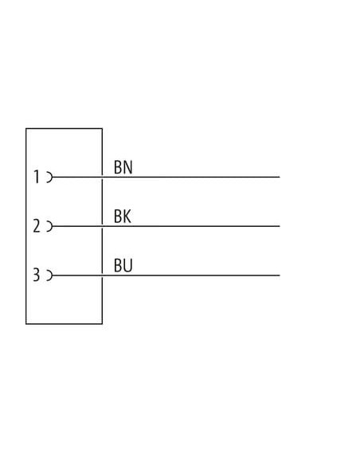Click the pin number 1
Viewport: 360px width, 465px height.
pyautogui.click(x=37, y=177)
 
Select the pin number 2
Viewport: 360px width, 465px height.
pyautogui.click(x=37, y=225)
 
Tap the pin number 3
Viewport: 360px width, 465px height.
pyautogui.click(x=36, y=275)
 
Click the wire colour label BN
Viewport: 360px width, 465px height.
pyautogui.click(x=123, y=167)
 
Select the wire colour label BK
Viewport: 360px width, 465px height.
pyautogui.click(x=123, y=217)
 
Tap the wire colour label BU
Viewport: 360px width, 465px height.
pyautogui.click(x=123, y=265)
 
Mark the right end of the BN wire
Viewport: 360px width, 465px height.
pyautogui.click(x=280, y=177)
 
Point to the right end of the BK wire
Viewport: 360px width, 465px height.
pyautogui.click(x=280, y=226)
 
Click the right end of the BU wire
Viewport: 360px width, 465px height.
pyautogui.click(x=280, y=275)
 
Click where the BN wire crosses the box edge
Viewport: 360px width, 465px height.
pyautogui.click(x=102, y=177)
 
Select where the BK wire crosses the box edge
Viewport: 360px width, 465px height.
pyautogui.click(x=102, y=226)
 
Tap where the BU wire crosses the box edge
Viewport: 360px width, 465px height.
pyautogui.click(x=102, y=275)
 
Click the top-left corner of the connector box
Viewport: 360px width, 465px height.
pyautogui.click(x=26, y=128)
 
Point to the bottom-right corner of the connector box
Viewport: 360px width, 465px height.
pyautogui.click(x=102, y=324)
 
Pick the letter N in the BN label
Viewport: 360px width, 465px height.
pyautogui.click(x=128, y=167)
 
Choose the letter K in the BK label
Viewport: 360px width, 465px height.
pyautogui.click(x=127, y=217)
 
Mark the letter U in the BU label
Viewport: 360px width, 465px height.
pyautogui.click(x=128, y=265)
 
